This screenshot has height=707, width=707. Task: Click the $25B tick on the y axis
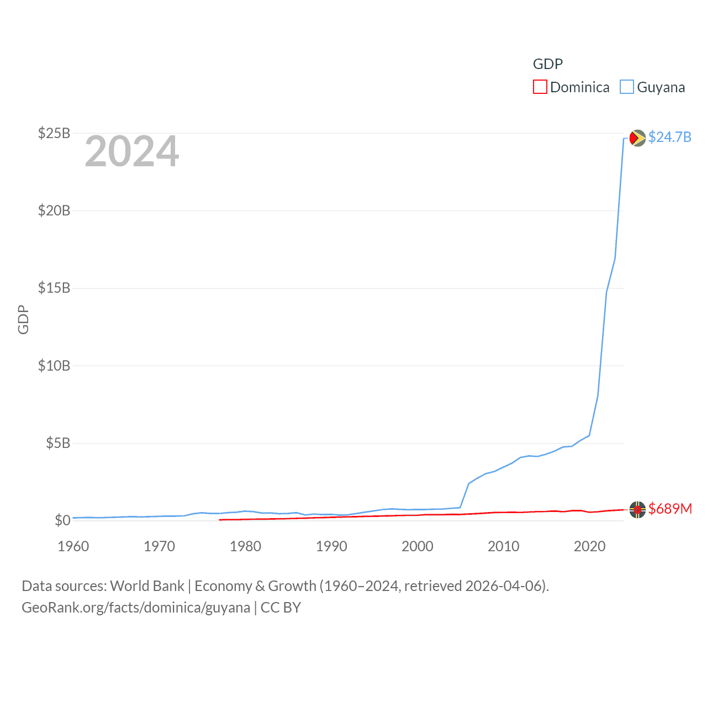54,133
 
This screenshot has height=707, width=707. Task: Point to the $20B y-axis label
54,210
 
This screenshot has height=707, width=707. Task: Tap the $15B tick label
54,288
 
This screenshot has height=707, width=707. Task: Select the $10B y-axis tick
54,366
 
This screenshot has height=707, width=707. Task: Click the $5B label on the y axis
58,443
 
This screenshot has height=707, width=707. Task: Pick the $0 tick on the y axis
62,520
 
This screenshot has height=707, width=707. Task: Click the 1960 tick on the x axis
73,546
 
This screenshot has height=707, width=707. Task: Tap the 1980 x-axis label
245,546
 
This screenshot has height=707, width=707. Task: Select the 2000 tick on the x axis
418,546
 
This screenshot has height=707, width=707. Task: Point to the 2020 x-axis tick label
589,546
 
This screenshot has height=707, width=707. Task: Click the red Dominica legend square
540,87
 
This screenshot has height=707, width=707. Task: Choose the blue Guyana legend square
626,87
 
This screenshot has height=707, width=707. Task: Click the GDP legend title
547,64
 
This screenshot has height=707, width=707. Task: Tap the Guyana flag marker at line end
637,138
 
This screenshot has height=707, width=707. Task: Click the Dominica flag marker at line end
637,510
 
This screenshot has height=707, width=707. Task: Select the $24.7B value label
669,137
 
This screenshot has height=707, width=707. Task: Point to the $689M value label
670,509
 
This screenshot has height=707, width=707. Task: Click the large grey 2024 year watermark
131,151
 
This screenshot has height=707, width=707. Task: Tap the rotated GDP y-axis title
23,319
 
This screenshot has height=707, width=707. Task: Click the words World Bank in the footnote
147,586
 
